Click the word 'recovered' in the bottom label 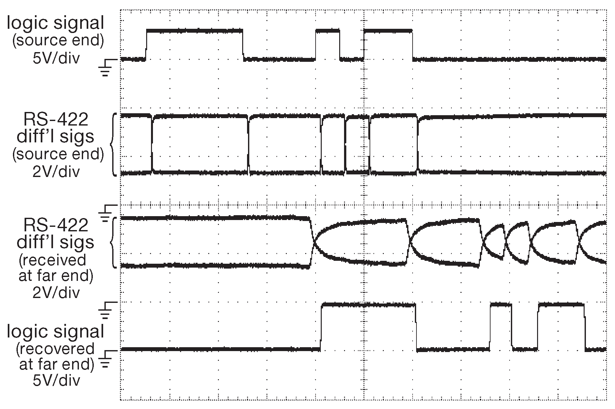click(x=55, y=349)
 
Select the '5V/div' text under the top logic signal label click(x=56, y=58)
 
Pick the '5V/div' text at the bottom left click(x=56, y=381)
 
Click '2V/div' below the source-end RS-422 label click(x=56, y=172)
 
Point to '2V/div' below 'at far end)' click(x=56, y=293)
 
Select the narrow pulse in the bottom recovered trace click(x=501, y=304)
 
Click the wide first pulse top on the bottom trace click(x=368, y=304)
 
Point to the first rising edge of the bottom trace click(x=321, y=327)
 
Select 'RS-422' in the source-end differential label click(x=56, y=120)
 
